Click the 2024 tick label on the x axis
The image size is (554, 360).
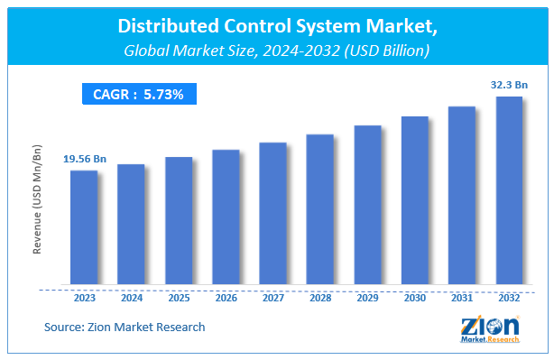131,297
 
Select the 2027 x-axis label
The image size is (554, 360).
272,297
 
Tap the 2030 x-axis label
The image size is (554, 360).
414,297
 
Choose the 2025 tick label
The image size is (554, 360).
179,297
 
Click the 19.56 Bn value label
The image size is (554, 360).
85,159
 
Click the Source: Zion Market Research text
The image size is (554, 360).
125,327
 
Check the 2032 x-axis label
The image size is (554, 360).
509,297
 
